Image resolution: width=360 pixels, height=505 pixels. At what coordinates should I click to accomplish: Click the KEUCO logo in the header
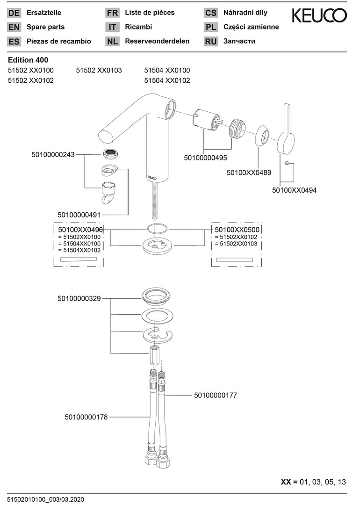point(319,16)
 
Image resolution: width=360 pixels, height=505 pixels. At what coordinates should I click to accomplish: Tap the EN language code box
point(14,27)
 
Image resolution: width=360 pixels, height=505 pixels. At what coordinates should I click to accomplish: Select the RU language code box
point(211,41)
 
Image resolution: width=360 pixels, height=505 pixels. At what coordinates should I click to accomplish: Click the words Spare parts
point(46,27)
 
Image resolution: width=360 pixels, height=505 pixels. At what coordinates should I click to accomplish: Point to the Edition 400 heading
point(28,60)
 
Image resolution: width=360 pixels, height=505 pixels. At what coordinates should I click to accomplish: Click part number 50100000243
point(53,154)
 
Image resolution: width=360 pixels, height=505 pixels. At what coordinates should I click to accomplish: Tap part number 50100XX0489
point(249,173)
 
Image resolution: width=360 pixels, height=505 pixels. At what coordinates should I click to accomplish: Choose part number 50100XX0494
point(294,190)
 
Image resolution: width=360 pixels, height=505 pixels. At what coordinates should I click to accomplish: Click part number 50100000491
point(79,214)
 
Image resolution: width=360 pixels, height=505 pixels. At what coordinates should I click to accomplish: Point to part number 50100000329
point(79,298)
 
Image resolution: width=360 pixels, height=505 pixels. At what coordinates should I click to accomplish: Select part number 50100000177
point(216,395)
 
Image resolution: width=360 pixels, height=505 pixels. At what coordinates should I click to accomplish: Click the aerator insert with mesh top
point(110,152)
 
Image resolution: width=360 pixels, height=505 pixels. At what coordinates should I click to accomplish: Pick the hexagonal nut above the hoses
point(156,357)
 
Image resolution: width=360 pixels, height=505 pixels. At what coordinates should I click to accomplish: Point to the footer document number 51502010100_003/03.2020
point(45,499)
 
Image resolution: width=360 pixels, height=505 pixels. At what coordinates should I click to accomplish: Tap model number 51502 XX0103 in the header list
point(99,70)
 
